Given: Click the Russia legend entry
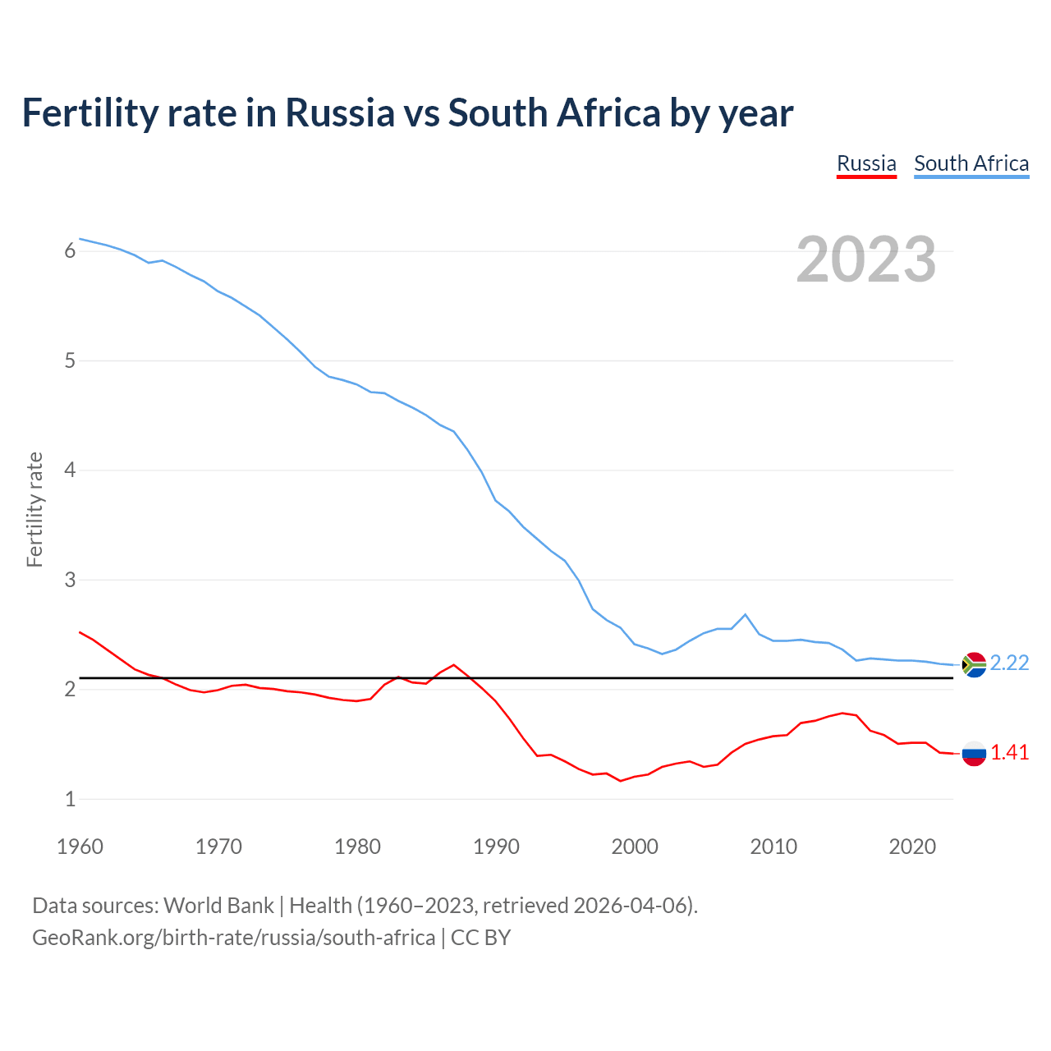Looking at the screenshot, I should (866, 163).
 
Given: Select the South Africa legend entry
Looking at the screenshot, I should (971, 163).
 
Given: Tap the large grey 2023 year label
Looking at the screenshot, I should (866, 259).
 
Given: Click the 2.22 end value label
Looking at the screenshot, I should (1009, 663).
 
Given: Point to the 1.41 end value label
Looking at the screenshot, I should (1009, 752).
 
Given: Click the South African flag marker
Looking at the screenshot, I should (974, 664).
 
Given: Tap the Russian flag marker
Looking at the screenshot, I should (974, 753).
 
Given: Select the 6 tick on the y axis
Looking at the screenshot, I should (70, 251).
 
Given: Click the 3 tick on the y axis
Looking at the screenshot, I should (70, 580).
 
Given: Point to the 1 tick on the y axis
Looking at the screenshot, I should (70, 799).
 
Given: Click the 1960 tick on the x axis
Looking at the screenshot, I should (80, 847).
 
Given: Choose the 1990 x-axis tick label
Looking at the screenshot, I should (496, 847).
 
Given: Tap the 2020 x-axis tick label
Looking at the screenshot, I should (912, 847).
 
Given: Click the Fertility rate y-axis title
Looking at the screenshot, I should (34, 509).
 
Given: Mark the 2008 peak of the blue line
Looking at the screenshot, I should (745, 614).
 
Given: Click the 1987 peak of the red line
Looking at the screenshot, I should (453, 665).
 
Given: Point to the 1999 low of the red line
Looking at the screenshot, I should (621, 781).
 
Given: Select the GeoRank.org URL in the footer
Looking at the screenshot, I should (233, 938).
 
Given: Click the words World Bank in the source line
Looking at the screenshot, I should (218, 906).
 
